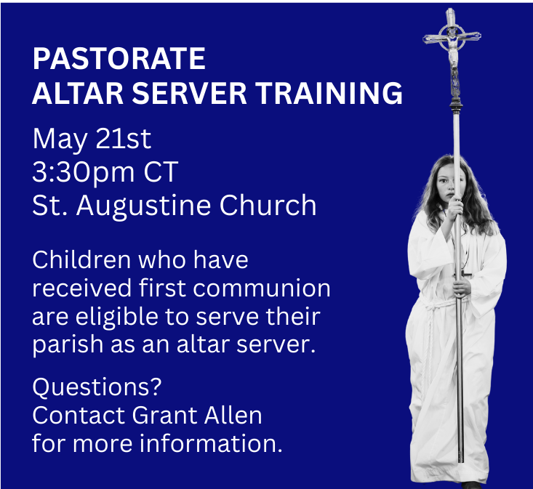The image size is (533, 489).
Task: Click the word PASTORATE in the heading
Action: tap(119, 58)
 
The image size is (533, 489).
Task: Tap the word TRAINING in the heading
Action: tap(329, 93)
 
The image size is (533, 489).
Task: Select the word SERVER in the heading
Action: tap(189, 93)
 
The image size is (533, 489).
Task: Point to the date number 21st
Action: tap(123, 139)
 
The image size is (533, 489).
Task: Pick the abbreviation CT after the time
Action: tap(161, 171)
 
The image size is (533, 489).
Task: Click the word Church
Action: tap(268, 205)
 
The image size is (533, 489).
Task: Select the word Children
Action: tap(81, 260)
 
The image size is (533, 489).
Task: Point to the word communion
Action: tap(261, 288)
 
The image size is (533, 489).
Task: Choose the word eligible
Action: tap(117, 318)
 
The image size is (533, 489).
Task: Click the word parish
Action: tap(68, 345)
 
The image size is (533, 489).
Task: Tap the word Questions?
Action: tap(97, 387)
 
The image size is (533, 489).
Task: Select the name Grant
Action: tap(165, 415)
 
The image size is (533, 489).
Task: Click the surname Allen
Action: tap(233, 415)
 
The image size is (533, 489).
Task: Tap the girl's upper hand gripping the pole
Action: tap(455, 208)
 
